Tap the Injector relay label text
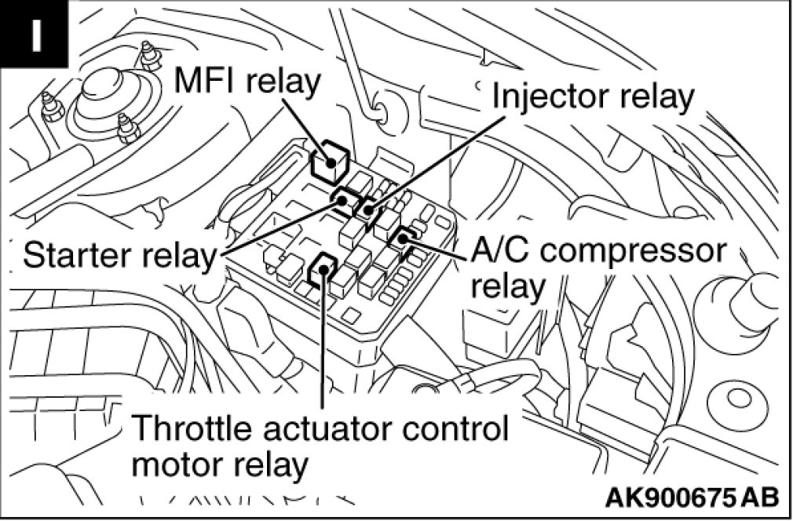[x=594, y=97]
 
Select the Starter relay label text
[x=119, y=254]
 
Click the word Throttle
[x=199, y=429]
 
